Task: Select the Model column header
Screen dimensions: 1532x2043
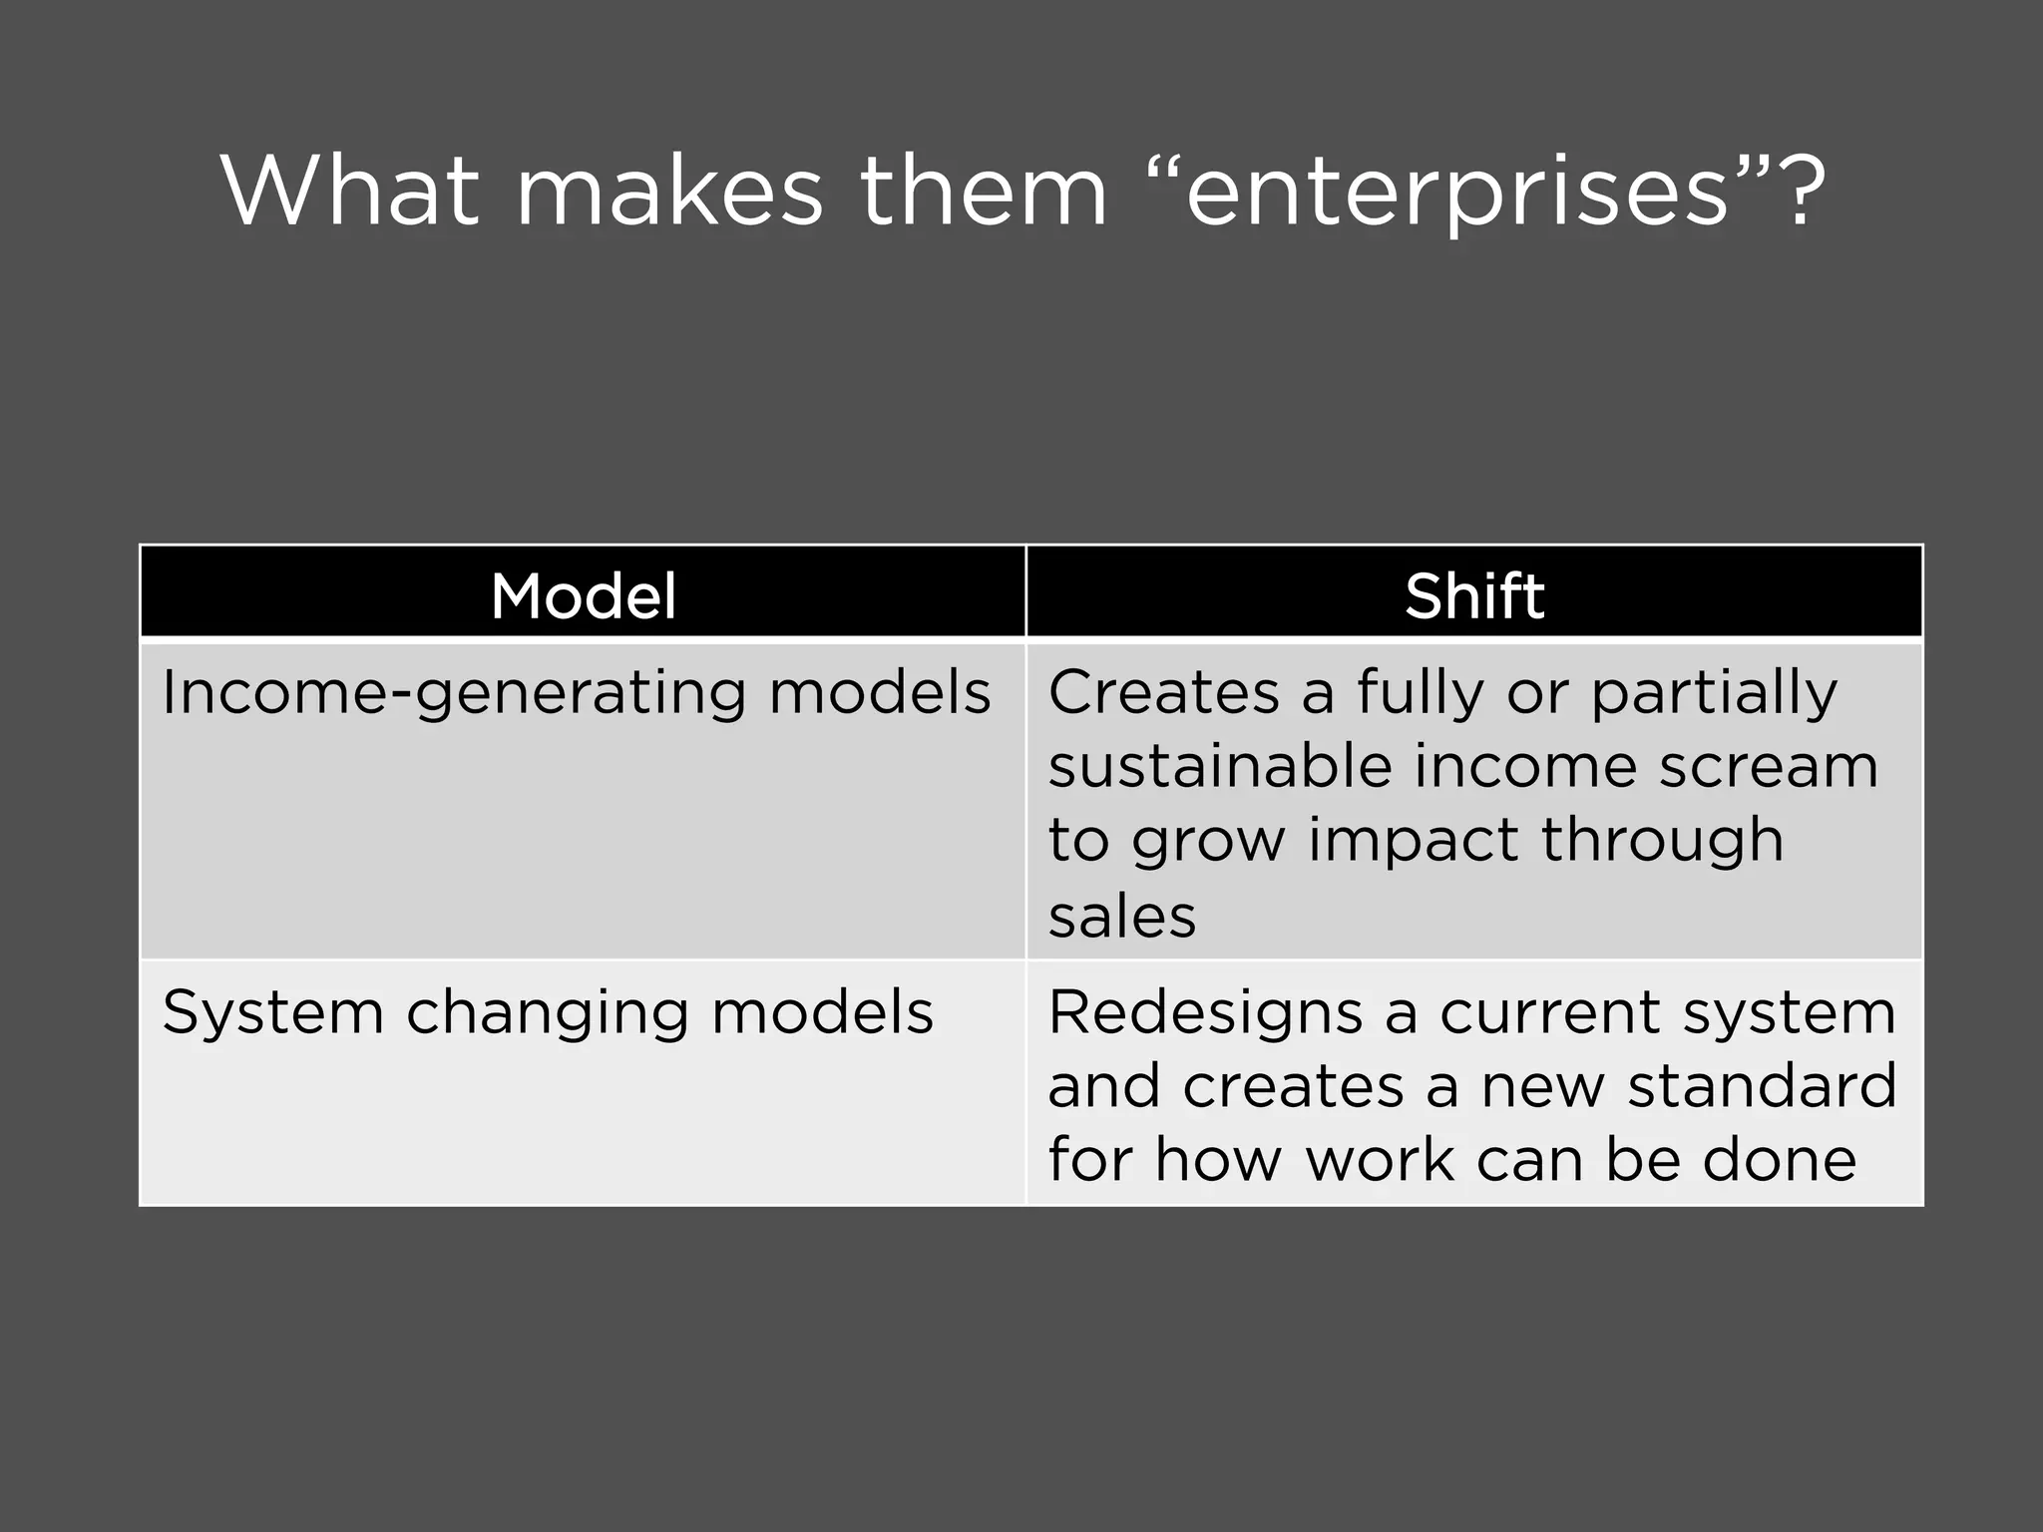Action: pos(584,596)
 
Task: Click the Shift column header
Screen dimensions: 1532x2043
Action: pos(1474,596)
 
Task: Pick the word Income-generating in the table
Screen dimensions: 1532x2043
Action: pos(454,693)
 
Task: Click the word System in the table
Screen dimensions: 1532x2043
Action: pos(272,1013)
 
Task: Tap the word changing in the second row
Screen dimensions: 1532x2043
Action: pos(547,1013)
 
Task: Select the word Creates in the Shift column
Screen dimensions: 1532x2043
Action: pos(1163,691)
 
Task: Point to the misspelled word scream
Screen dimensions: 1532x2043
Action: pos(1769,766)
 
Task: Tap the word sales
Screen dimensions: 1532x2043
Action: pos(1121,916)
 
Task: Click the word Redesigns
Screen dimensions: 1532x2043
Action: pos(1205,1013)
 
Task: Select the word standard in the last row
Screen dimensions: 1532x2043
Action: pos(1762,1086)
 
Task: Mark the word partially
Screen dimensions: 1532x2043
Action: pos(1713,693)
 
